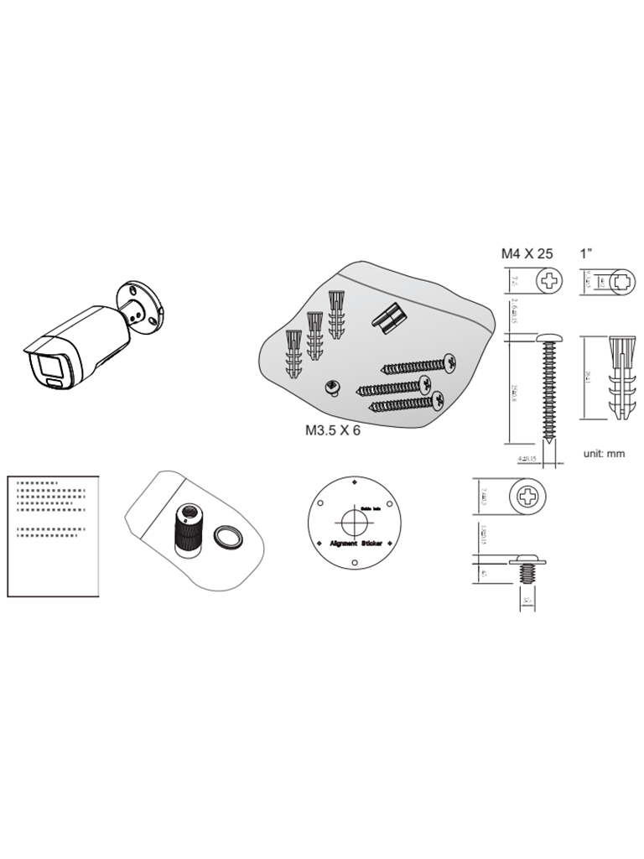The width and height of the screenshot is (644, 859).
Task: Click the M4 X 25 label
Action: (x=527, y=252)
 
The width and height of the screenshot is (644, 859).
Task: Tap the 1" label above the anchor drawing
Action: (x=588, y=252)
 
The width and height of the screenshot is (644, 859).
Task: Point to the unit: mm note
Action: (x=604, y=453)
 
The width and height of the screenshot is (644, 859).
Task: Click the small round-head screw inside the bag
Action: (x=331, y=387)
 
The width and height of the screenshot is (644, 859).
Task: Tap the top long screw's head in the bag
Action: (x=449, y=363)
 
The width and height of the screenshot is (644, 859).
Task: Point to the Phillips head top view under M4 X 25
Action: (x=551, y=280)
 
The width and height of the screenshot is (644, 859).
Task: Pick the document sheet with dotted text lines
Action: (x=53, y=535)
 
